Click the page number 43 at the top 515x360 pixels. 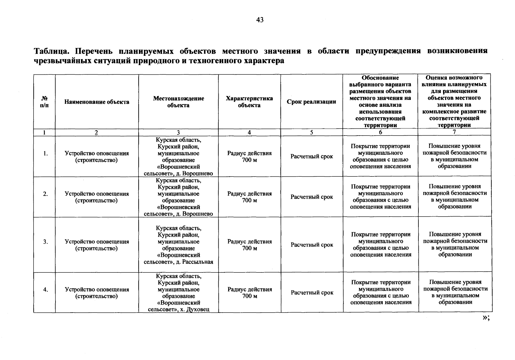pyautogui.click(x=260, y=20)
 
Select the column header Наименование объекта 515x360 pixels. pyautogui.click(x=97, y=102)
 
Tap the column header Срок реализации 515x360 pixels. pyautogui.click(x=311, y=102)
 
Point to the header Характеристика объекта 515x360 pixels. pyautogui.click(x=249, y=102)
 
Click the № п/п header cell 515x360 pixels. pyautogui.click(x=44, y=102)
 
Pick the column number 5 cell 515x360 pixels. pyautogui.click(x=311, y=132)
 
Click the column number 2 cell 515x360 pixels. pyautogui.click(x=96, y=132)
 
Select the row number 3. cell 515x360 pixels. pyautogui.click(x=45, y=242)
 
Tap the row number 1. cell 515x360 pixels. pyautogui.click(x=45, y=153)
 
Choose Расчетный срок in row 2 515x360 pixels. pyautogui.click(x=312, y=197)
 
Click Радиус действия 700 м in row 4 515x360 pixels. pyautogui.click(x=250, y=292)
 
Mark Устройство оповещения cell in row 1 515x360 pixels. pyautogui.click(x=97, y=157)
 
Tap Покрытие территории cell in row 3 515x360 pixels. pyautogui.click(x=381, y=244)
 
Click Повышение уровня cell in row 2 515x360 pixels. pyautogui.click(x=455, y=196)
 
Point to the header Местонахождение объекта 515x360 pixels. pyautogui.click(x=178, y=102)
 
